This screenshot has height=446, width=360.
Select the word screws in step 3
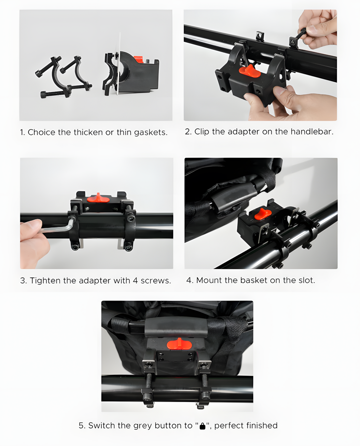(x=156, y=281)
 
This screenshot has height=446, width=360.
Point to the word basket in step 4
(x=254, y=280)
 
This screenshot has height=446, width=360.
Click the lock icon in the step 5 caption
(x=203, y=426)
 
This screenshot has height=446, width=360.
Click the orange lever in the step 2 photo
(x=250, y=71)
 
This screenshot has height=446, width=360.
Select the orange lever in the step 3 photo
(x=98, y=198)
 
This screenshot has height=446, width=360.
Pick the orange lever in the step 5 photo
(x=179, y=344)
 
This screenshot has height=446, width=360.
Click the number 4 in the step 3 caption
(x=136, y=281)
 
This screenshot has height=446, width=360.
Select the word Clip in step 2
(x=202, y=132)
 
